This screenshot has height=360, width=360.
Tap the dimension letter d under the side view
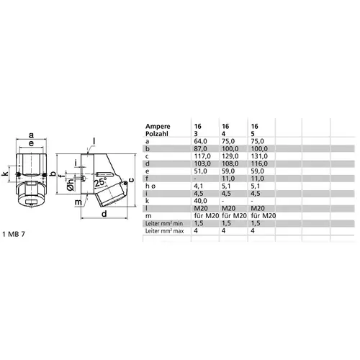point(104,213)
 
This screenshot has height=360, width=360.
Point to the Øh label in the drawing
point(71,185)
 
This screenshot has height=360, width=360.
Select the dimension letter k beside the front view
point(5,174)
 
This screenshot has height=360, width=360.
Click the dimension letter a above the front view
point(31,135)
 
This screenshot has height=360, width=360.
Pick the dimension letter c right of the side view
point(131,180)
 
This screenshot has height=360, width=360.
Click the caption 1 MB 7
point(14,234)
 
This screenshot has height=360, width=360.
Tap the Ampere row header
point(158,127)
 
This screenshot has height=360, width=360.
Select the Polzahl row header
point(157,134)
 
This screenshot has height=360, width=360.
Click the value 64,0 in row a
point(201,141)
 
